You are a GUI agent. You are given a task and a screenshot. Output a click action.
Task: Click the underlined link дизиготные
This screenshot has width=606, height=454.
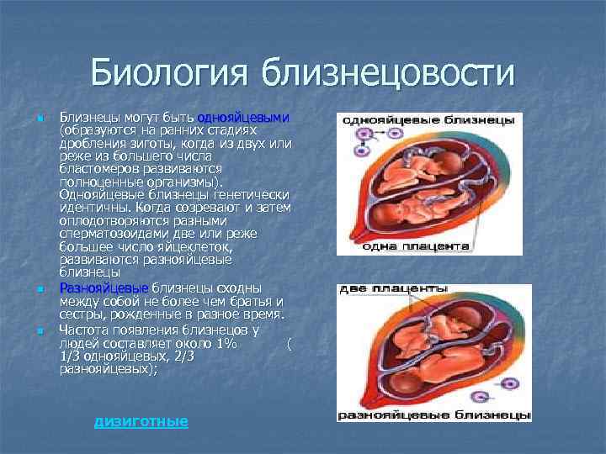pos(141,420)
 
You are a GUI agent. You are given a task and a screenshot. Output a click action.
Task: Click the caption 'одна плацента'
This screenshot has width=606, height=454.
pos(416,247)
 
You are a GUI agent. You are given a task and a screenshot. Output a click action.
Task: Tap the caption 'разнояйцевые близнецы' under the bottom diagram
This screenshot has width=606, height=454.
pos(433,415)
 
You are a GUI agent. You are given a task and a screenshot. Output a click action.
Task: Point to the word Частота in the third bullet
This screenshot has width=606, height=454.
pos(84,330)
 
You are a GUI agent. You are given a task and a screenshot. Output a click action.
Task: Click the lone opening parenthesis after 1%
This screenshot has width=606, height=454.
pos(289,344)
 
